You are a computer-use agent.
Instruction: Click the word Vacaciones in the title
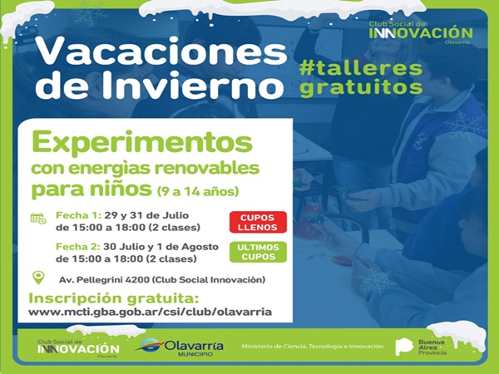(x=161, y=52)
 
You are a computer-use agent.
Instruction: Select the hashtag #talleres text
(x=361, y=68)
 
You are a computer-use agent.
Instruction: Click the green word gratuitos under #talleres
(x=361, y=86)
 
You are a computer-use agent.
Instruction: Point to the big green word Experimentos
(x=142, y=143)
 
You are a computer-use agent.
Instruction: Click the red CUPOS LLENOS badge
(x=258, y=222)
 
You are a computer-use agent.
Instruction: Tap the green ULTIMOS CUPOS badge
(x=258, y=252)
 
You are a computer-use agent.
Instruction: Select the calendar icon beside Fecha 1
(x=38, y=219)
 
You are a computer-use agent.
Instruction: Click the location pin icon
(x=38, y=278)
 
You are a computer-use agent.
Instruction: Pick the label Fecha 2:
(x=78, y=247)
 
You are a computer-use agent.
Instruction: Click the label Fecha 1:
(x=79, y=215)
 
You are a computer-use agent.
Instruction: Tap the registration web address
(x=151, y=312)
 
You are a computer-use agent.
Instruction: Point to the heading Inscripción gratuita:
(x=114, y=298)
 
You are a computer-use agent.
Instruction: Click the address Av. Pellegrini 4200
(x=104, y=280)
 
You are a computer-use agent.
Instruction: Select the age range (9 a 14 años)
(x=198, y=191)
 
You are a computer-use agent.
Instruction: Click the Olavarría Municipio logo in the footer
(x=180, y=347)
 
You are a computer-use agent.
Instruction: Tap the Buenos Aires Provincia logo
(x=421, y=347)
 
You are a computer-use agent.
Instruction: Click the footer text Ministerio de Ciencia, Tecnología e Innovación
(x=312, y=347)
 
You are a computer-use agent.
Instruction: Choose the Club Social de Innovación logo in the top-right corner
(x=421, y=32)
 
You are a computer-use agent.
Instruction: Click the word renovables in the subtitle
(x=207, y=168)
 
